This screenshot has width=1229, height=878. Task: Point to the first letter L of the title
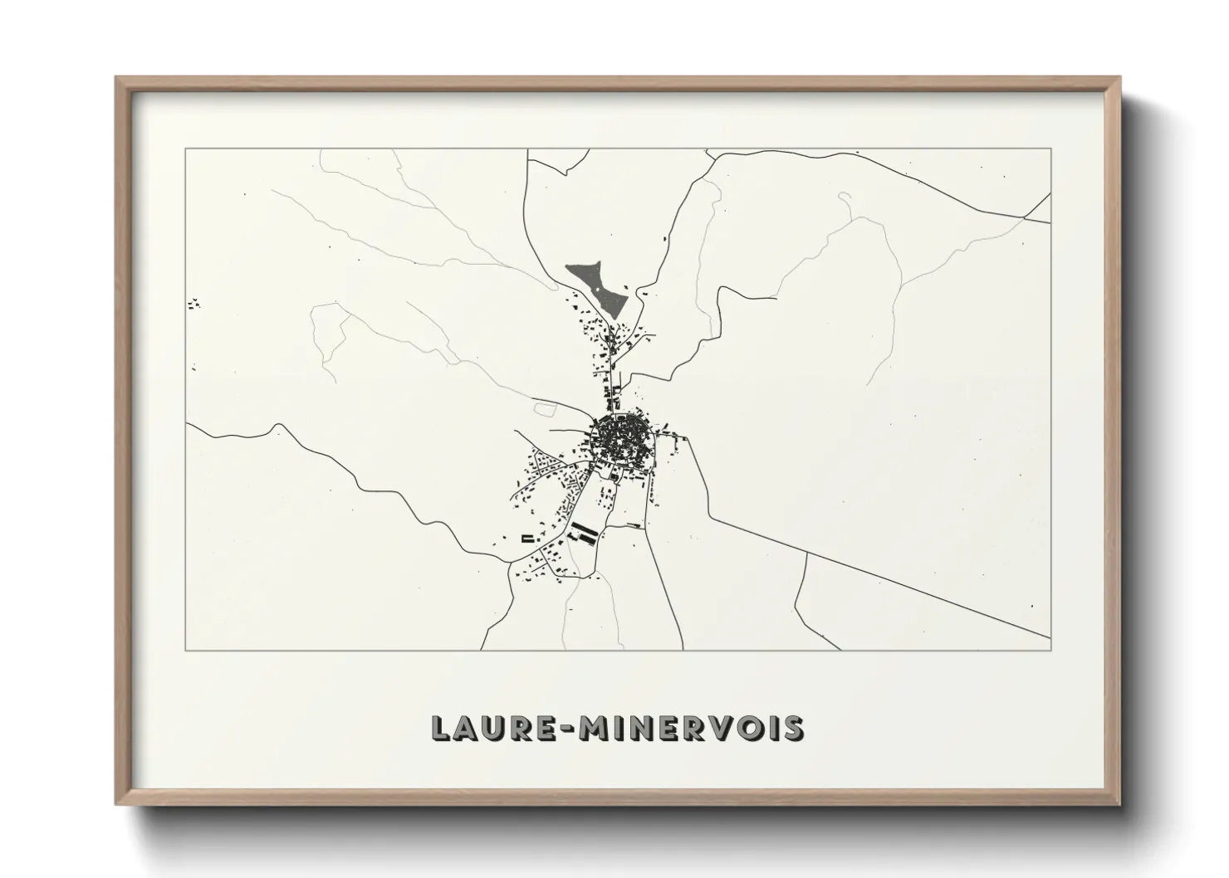coord(440,729)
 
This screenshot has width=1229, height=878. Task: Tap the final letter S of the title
coord(792,729)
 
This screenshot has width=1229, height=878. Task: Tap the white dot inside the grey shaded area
coord(595,288)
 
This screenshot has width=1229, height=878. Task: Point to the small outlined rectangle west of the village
coord(544,409)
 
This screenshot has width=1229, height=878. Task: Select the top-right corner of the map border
coord(1050,149)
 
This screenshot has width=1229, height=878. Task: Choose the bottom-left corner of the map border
coord(186,650)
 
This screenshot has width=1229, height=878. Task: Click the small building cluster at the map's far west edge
coord(194,305)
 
